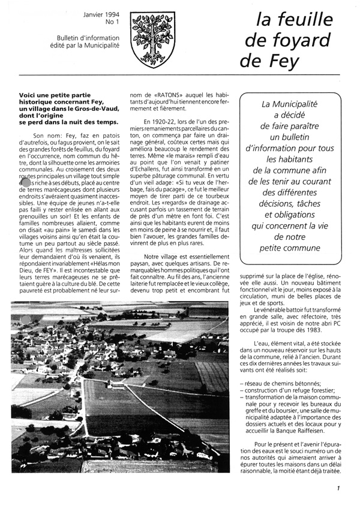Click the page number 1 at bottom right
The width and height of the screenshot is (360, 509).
tap(338, 489)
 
